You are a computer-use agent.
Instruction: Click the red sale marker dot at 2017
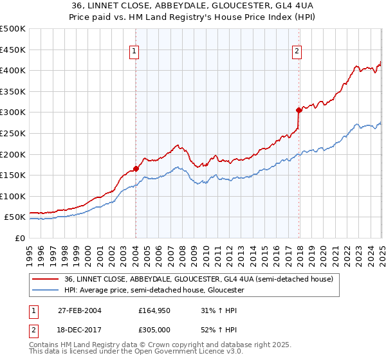(x=299, y=110)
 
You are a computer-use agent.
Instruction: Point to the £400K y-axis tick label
(x=13, y=70)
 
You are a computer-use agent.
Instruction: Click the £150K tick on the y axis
(x=13, y=175)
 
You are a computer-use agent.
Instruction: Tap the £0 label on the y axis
(x=19, y=238)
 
